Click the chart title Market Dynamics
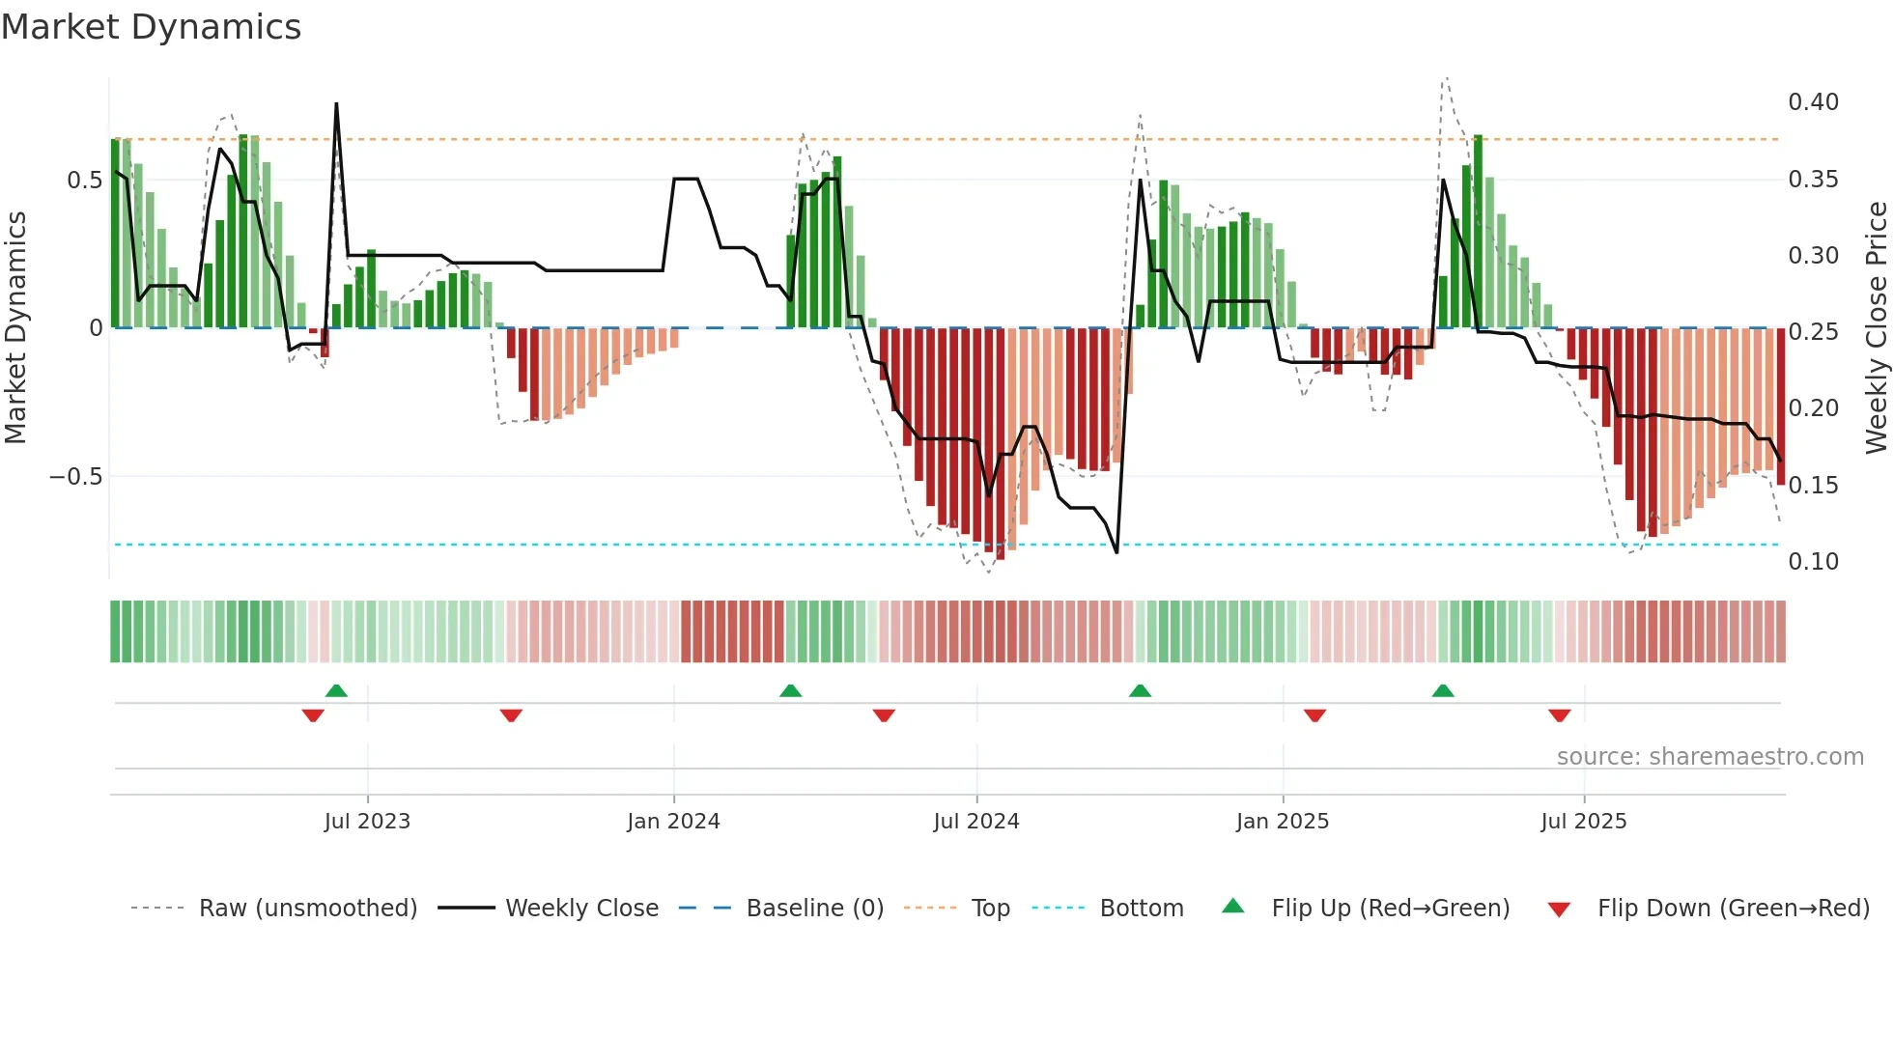(151, 27)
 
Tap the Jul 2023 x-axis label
(367, 822)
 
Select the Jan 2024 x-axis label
(673, 822)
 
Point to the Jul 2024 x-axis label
(976, 822)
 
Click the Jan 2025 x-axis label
(1283, 822)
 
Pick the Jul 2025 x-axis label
(1584, 822)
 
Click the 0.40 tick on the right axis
(1813, 102)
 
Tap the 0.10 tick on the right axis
(1813, 562)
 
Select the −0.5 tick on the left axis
(75, 477)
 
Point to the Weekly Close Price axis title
(1877, 328)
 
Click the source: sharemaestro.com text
(1709, 757)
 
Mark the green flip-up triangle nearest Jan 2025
(1140, 690)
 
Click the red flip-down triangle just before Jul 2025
(1559, 715)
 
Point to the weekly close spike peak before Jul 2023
(336, 103)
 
